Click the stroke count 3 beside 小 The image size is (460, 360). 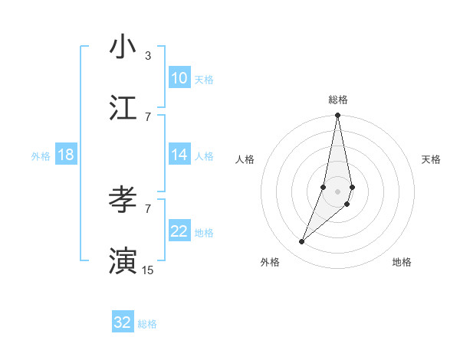pyautogui.click(x=147, y=56)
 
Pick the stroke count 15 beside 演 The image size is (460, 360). pyautogui.click(x=148, y=270)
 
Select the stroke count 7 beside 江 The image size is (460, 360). pyautogui.click(x=147, y=116)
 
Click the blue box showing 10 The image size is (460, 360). pyautogui.click(x=179, y=78)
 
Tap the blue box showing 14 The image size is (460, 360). pyautogui.click(x=179, y=155)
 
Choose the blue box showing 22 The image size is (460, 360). pyautogui.click(x=179, y=231)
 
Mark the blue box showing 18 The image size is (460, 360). pyautogui.click(x=66, y=155)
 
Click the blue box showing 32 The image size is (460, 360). pyautogui.click(x=123, y=322)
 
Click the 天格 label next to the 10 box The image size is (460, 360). pyautogui.click(x=204, y=80)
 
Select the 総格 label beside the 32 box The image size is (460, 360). pyautogui.click(x=147, y=324)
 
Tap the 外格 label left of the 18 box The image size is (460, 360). pyautogui.click(x=41, y=156)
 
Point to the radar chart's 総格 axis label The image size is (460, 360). pyautogui.click(x=338, y=100)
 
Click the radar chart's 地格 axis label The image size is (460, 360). pyautogui.click(x=402, y=263)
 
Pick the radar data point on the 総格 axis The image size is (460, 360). pyautogui.click(x=337, y=116)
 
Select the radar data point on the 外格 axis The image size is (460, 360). pyautogui.click(x=302, y=242)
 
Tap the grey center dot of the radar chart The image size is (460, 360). pyautogui.click(x=337, y=191)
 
